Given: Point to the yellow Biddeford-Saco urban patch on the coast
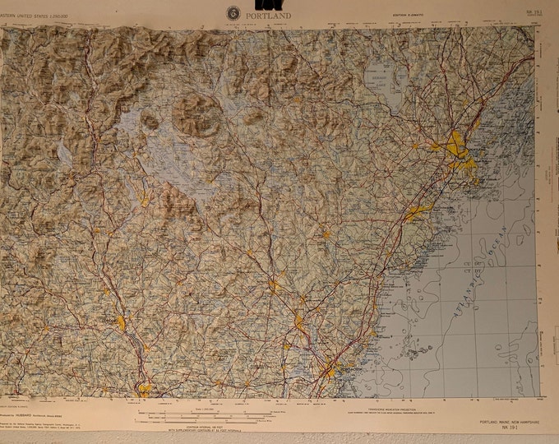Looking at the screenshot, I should pos(416,214).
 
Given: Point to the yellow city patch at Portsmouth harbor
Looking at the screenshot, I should pos(329,369).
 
